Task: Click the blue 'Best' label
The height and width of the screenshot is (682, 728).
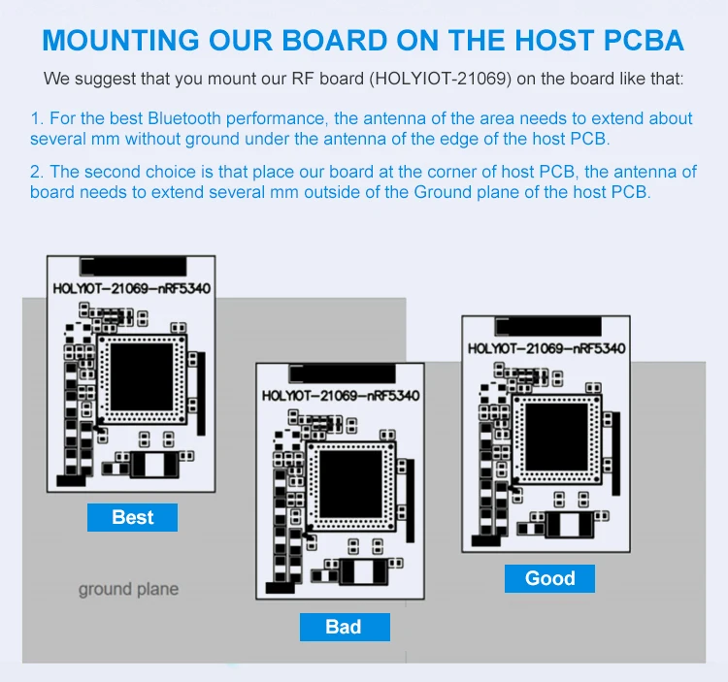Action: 132,517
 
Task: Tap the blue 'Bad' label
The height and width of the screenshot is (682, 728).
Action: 344,627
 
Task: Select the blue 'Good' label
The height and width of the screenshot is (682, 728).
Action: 549,578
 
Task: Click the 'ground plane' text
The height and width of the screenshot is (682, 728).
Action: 128,589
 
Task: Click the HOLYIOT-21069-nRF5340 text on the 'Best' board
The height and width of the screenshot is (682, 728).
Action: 131,288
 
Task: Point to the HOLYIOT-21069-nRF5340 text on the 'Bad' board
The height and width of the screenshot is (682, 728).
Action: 340,396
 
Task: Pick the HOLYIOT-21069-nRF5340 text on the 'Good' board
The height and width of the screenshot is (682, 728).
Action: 546,348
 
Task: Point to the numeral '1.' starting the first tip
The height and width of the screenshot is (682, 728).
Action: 37,118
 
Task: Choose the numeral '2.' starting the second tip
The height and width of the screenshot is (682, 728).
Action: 37,172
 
